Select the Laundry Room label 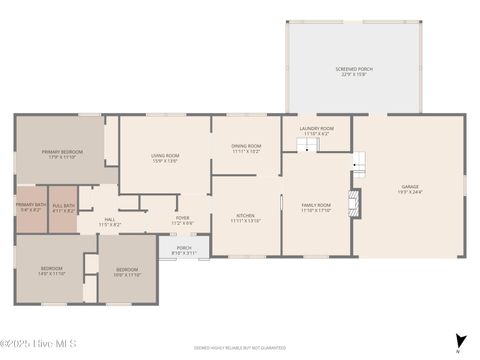(x=316, y=131)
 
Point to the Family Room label (x=316, y=207)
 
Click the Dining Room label (x=246, y=149)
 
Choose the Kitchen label (x=246, y=217)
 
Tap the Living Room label (x=165, y=157)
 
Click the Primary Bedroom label (x=62, y=154)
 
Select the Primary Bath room (x=29, y=208)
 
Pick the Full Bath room (x=63, y=208)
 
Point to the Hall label (x=109, y=222)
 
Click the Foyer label (x=182, y=219)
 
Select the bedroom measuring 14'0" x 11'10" (x=51, y=271)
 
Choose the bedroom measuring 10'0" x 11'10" (x=127, y=272)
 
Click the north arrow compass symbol (x=459, y=342)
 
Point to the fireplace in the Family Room (x=352, y=203)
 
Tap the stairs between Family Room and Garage (x=359, y=162)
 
